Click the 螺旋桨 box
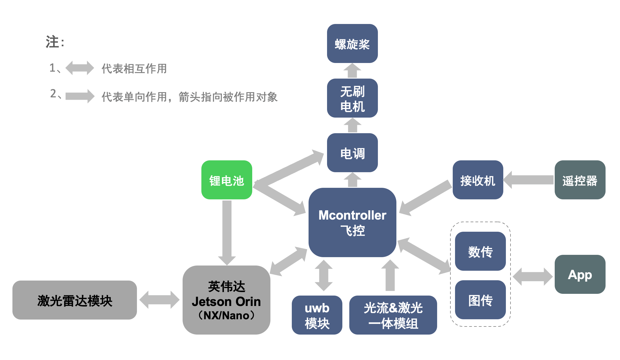click(352, 44)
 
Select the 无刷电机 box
click(352, 98)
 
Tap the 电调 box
click(352, 153)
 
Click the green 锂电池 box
click(227, 180)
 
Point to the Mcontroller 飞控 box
click(352, 222)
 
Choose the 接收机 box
click(478, 180)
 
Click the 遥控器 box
click(580, 180)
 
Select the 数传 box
click(480, 251)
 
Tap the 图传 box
click(480, 300)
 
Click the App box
click(580, 274)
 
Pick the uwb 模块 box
click(317, 315)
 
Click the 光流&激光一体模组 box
click(393, 315)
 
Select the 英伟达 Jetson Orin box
click(227, 300)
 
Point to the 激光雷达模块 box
click(75, 300)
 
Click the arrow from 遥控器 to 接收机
click(529, 180)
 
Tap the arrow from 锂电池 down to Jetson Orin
click(227, 231)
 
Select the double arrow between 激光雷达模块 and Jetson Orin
click(159, 300)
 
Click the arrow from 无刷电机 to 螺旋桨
click(352, 71)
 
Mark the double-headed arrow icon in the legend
click(80, 68)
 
